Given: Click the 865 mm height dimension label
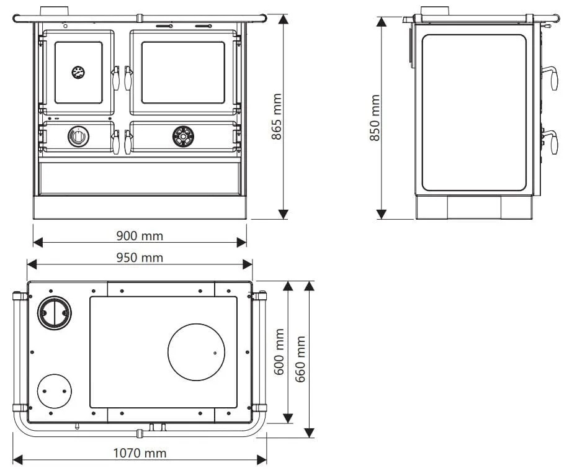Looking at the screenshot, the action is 277,117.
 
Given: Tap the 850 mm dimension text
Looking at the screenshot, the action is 375,118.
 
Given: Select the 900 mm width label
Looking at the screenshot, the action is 140,236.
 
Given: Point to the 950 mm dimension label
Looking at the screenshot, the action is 140,258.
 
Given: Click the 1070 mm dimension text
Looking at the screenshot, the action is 140,453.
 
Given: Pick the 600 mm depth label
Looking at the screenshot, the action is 279,352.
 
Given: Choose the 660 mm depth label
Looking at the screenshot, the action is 300,359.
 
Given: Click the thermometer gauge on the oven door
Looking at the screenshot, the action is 78,72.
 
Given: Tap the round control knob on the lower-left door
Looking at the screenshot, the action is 78,137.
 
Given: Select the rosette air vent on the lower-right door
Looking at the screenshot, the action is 183,137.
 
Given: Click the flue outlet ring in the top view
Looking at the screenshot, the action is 55,313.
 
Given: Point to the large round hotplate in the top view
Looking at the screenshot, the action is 196,352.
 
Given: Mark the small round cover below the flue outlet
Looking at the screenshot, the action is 55,391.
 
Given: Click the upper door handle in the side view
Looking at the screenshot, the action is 551,77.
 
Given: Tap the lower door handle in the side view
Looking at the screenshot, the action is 551,142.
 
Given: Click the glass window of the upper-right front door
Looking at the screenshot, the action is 183,72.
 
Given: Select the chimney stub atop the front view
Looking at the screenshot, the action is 55,11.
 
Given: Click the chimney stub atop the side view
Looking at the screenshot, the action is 435,11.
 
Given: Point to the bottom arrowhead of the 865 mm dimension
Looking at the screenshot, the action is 284,214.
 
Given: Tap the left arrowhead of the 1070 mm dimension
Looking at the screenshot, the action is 17,460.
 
